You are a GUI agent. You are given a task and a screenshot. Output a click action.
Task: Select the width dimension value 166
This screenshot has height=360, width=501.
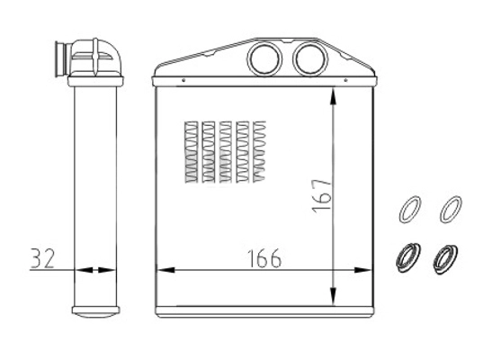[x=261, y=258]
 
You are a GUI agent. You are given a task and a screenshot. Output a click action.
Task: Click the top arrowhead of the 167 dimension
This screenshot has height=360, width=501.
[x=335, y=97]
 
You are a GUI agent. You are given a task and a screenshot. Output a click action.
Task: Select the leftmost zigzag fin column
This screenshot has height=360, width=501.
[x=189, y=148]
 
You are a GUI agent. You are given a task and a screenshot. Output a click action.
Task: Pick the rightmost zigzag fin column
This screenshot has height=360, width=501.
[x=261, y=148]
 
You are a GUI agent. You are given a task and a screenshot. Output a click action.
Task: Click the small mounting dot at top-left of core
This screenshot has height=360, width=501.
[x=183, y=78]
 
